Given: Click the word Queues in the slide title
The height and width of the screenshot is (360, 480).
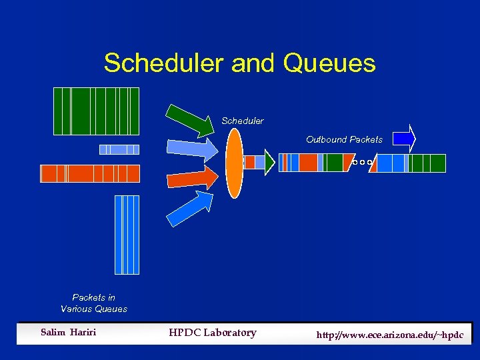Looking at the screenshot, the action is coord(329,64).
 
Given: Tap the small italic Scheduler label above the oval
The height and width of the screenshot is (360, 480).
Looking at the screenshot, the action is coord(243,121).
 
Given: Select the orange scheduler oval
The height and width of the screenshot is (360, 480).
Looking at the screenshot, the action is coord(235,163).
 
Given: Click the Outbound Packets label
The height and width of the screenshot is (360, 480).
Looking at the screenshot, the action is coord(344,139).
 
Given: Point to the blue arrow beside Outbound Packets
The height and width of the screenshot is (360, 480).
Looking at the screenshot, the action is coord(404,139).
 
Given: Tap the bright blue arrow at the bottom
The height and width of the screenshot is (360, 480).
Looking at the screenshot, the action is coord(190,207).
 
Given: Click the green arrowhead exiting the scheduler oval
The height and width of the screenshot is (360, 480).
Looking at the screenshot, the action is coord(268,162).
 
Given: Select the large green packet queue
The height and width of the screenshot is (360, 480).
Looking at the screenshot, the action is coord(96,111).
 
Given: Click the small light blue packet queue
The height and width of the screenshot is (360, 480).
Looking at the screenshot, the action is coord(119,149).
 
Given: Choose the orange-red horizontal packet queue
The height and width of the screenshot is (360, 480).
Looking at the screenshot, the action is coord(90,173).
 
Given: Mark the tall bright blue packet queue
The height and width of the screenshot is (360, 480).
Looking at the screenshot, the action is coord(127,235).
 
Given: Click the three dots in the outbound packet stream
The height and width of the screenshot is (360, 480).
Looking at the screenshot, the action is coord(361,163).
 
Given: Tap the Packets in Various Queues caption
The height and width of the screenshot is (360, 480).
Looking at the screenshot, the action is coord(93,303).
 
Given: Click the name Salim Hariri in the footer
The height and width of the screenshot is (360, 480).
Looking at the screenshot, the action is coord(68,333).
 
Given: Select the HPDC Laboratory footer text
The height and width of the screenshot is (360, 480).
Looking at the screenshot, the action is coord(212,333).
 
